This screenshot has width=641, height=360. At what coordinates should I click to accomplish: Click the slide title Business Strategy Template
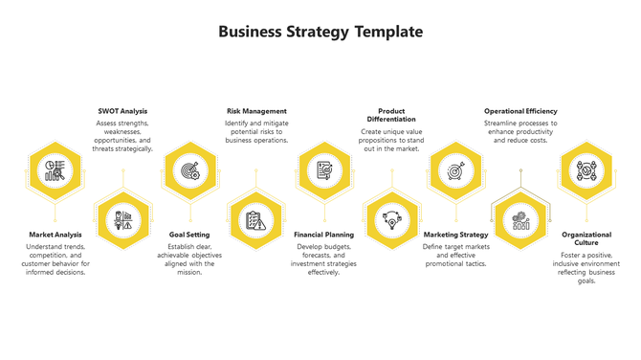pyautogui.click(x=320, y=32)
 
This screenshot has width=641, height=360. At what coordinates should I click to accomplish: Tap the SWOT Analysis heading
pyautogui.click(x=122, y=111)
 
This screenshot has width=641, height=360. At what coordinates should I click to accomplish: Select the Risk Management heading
pyautogui.click(x=256, y=111)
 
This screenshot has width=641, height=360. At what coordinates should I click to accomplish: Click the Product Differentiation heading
pyautogui.click(x=391, y=115)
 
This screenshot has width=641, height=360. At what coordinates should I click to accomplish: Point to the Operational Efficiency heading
pyautogui.click(x=520, y=111)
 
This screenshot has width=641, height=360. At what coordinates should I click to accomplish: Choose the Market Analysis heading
pyautogui.click(x=55, y=235)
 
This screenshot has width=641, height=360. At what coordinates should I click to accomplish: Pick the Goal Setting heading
pyautogui.click(x=189, y=235)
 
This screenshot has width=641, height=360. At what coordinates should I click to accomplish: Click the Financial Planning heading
pyautogui.click(x=323, y=235)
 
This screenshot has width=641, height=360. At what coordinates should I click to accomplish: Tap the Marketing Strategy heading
pyautogui.click(x=455, y=235)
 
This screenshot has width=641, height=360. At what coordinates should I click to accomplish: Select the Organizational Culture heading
pyautogui.click(x=586, y=239)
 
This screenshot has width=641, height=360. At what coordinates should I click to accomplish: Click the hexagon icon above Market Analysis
pyautogui.click(x=55, y=171)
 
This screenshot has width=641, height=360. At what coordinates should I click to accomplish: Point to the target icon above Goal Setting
pyautogui.click(x=189, y=171)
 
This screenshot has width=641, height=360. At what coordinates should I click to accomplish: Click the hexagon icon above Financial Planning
pyautogui.click(x=323, y=171)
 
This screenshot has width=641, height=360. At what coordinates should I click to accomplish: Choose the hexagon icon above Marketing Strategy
pyautogui.click(x=455, y=171)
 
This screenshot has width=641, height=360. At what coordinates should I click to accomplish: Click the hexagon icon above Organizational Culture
pyautogui.click(x=586, y=171)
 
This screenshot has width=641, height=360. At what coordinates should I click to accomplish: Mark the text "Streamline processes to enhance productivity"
pyautogui.click(x=520, y=127)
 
